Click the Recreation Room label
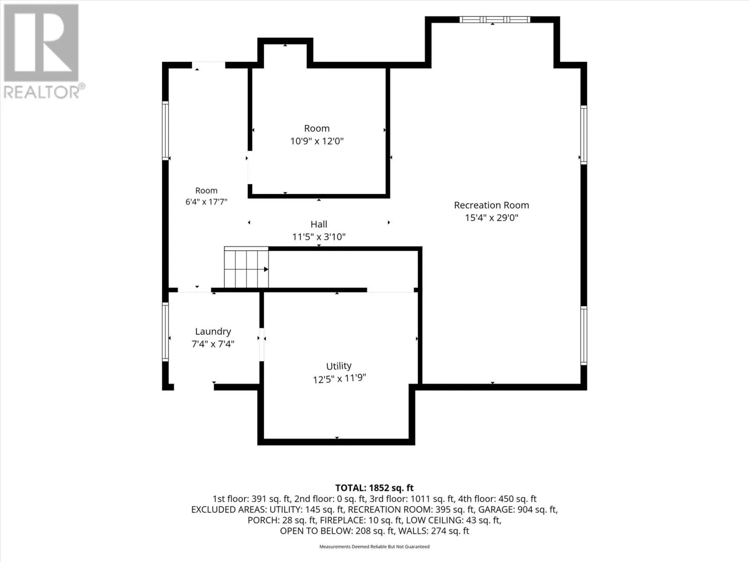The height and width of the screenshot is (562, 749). pos(492,205)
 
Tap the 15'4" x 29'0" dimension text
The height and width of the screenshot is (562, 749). pos(492,218)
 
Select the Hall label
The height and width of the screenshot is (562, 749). pos(319,224)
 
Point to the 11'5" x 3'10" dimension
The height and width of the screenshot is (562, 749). pos(319,237)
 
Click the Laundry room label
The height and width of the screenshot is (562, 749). pos(213,331)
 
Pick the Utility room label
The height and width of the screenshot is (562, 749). pos(338,366)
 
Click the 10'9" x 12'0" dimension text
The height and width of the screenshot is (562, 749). pos(316,141)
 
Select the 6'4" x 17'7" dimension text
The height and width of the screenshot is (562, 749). pos(206,202)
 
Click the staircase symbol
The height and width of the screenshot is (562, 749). pos(246,267)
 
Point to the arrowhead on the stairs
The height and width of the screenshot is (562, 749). pos(266,269)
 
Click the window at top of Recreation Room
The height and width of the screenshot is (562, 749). pos(494,20)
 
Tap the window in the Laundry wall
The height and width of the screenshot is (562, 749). pos(165,332)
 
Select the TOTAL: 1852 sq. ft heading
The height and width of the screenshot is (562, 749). pos(374,488)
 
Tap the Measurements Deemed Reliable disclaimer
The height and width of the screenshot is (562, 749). pos(374,547)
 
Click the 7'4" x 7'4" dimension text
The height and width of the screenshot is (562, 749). pos(213,344)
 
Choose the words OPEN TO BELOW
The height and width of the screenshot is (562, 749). pos(316,531)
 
